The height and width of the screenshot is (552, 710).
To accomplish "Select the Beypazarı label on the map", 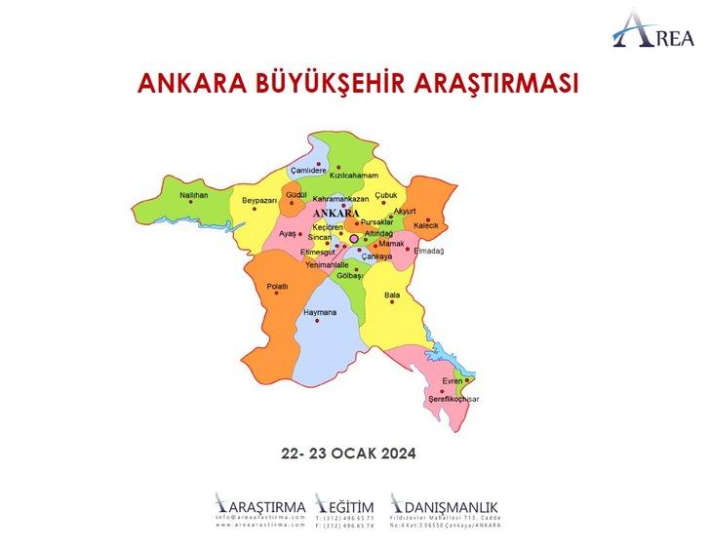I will (x=260, y=200).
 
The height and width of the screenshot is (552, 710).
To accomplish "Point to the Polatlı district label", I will (x=277, y=286).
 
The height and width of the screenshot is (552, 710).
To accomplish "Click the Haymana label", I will (x=320, y=312).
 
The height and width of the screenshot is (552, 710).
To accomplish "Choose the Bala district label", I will (x=392, y=294).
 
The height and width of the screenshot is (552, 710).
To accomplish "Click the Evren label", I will (x=453, y=379).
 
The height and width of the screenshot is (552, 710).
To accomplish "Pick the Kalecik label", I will (x=427, y=225).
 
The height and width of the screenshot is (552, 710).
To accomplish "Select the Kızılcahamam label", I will (x=353, y=175).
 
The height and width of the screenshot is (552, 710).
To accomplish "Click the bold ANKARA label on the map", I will (x=335, y=213).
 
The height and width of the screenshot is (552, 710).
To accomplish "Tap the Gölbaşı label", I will (x=349, y=276).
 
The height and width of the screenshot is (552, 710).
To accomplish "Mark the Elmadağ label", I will (x=429, y=252).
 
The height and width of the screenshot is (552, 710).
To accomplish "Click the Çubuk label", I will (x=387, y=195).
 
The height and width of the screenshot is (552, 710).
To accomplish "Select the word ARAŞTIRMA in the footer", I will (x=266, y=506).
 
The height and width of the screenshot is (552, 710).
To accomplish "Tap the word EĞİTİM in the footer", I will (x=351, y=506).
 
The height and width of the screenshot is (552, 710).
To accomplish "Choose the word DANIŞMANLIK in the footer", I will (x=450, y=506).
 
